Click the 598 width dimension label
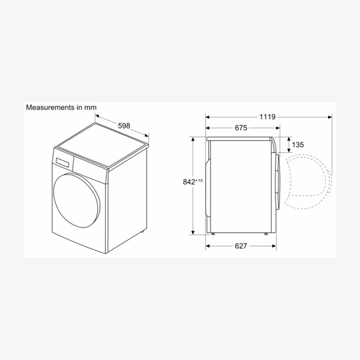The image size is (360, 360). [x=124, y=126]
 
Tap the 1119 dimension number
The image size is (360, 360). [x=267, y=117]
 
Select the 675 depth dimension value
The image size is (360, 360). [x=241, y=128]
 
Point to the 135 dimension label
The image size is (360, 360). [x=298, y=145]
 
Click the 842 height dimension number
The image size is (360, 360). [x=189, y=182]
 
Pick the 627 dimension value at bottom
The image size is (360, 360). [x=241, y=246]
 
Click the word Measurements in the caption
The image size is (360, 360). [x=50, y=107]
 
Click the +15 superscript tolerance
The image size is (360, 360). [x=199, y=181]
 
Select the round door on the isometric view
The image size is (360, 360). [x=77, y=200]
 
